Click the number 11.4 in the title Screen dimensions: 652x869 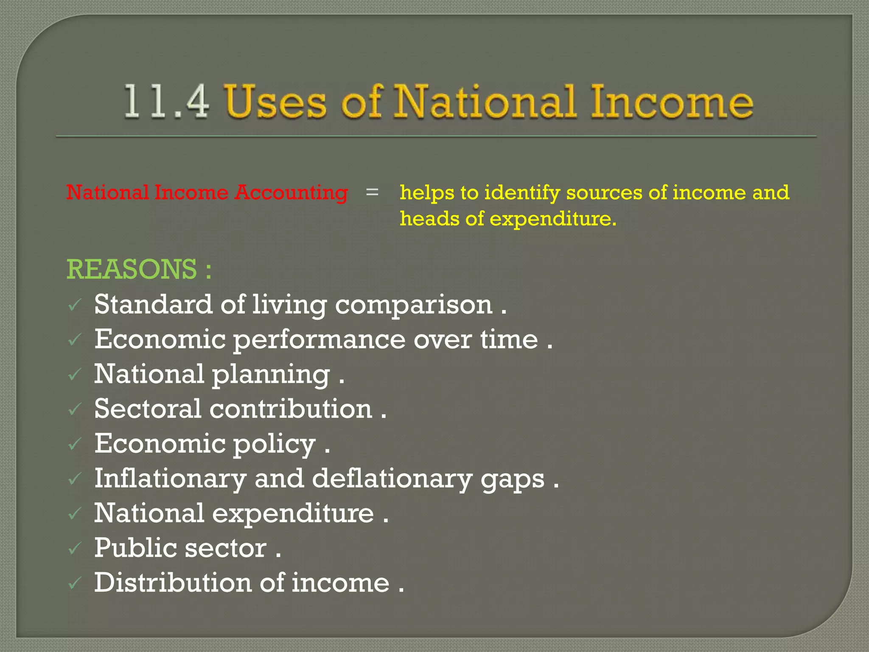pos(166,102)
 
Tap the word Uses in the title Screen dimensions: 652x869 pos(276,102)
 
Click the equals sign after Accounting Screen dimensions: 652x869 pos(372,192)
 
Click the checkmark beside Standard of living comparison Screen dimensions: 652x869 pos(75,305)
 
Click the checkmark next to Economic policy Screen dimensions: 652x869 pos(75,444)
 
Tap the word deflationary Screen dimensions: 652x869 pos(392,479)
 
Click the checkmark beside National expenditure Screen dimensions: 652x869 pos(75,514)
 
